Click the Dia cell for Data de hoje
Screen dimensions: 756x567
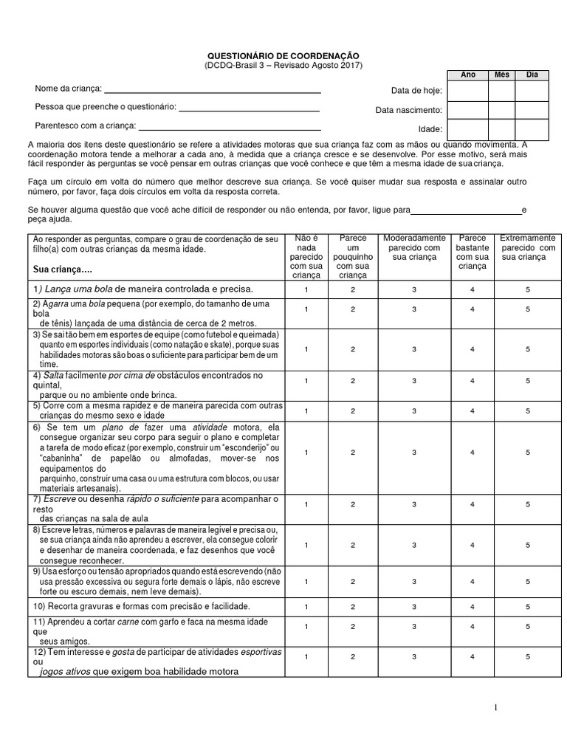(x=532, y=91)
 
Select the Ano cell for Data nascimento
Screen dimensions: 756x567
(x=467, y=111)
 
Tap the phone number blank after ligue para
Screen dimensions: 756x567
(x=466, y=213)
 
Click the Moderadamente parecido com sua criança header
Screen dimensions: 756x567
(x=414, y=248)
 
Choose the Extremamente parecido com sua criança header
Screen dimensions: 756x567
(x=528, y=248)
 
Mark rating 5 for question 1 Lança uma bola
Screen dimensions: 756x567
(x=528, y=288)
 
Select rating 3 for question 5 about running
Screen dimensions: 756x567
(x=414, y=410)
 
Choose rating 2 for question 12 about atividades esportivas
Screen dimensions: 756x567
(x=353, y=656)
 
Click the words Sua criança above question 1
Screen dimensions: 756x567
(x=63, y=269)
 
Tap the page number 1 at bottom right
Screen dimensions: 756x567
(x=496, y=707)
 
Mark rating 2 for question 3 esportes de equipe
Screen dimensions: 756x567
(x=353, y=348)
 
